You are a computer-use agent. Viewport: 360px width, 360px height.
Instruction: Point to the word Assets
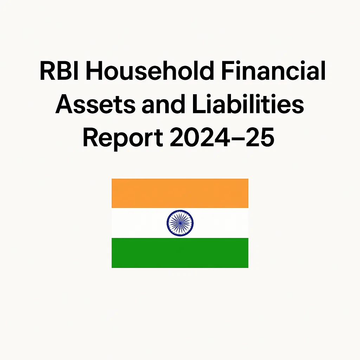[x=92, y=104]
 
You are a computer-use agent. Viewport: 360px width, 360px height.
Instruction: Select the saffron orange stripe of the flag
[x=180, y=193]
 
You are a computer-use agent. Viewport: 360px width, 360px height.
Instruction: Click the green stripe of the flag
[x=180, y=253]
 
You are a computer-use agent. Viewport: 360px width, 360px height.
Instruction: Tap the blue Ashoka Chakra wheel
[x=180, y=223]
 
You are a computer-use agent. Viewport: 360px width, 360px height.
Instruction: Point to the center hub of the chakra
[x=180, y=223]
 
